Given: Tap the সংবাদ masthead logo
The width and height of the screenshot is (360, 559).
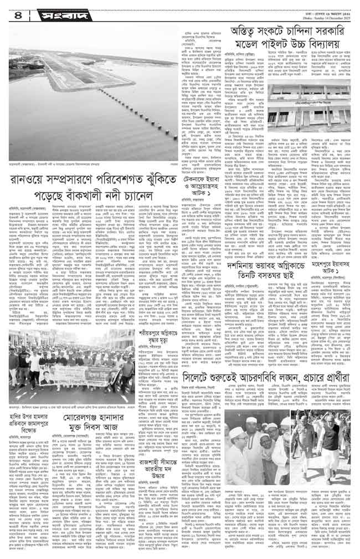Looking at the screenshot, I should point(50,12).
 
